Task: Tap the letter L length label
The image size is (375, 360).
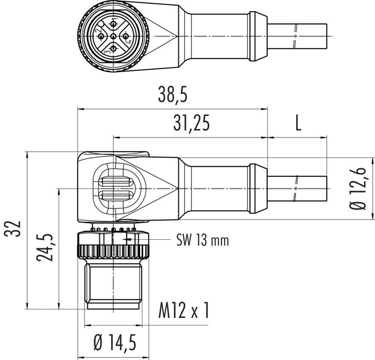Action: coord(297,124)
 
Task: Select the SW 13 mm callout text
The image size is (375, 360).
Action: coord(202,240)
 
